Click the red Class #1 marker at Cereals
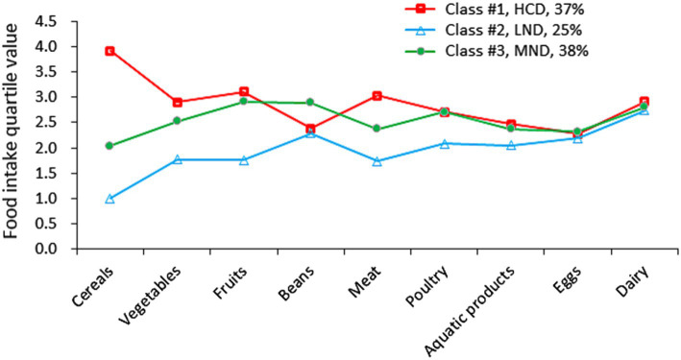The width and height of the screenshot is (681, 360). click(109, 51)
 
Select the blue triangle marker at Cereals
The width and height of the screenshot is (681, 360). click(109, 199)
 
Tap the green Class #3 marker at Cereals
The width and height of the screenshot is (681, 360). click(109, 146)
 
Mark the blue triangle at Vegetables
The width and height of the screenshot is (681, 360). click(177, 159)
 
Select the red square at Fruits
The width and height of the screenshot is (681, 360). click(244, 92)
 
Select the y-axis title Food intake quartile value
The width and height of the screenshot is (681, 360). click(17, 134)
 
